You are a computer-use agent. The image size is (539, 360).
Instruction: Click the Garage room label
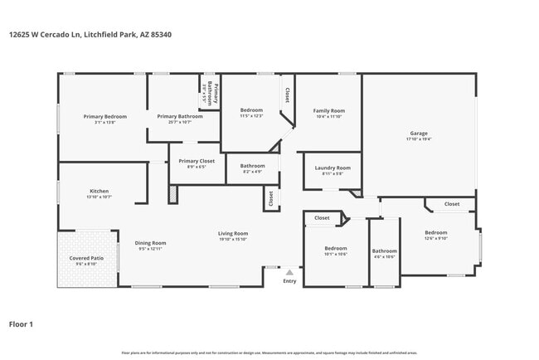click(419, 133)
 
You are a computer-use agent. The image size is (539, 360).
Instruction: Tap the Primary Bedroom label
click(104, 116)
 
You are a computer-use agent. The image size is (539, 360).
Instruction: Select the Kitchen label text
click(99, 191)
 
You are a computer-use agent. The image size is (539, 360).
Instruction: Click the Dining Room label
click(151, 242)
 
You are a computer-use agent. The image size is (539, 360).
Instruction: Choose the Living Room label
click(233, 233)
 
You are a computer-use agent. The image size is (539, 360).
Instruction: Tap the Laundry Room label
click(333, 168)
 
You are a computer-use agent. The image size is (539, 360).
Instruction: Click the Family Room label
click(328, 110)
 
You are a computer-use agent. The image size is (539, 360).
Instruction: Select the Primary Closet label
click(197, 160)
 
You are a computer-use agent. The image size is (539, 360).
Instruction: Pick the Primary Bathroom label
click(180, 116)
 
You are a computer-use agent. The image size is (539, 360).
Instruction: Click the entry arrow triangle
click(289, 271)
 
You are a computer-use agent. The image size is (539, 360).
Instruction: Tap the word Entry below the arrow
click(289, 281)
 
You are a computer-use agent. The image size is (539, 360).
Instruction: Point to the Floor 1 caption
click(21, 324)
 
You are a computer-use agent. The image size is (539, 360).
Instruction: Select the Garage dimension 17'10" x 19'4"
click(419, 139)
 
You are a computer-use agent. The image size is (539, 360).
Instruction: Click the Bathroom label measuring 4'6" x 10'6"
click(384, 251)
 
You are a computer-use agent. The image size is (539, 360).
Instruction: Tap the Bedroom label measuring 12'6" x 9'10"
click(436, 232)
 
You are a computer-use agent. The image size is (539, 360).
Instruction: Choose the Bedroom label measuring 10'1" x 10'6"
click(335, 248)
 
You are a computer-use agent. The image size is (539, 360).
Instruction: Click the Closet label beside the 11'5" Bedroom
click(287, 95)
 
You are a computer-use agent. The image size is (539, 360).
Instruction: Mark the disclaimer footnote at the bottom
click(269, 353)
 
